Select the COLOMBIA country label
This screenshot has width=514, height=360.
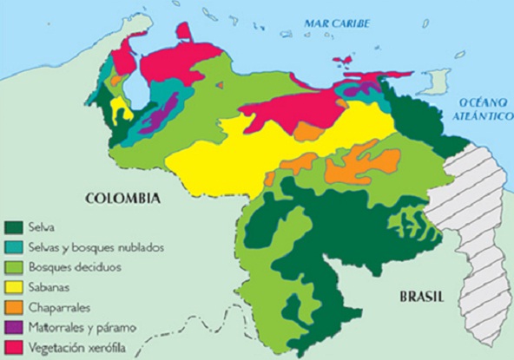(122, 199)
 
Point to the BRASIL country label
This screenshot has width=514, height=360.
(422, 297)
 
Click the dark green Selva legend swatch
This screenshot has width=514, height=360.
(13, 226)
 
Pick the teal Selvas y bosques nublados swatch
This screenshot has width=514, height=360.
(13, 246)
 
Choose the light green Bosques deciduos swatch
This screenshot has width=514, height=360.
(13, 266)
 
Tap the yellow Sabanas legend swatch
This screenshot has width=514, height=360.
(13, 286)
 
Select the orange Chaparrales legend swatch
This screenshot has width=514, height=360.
(13, 306)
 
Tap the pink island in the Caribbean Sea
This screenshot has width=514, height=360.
(343, 61)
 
